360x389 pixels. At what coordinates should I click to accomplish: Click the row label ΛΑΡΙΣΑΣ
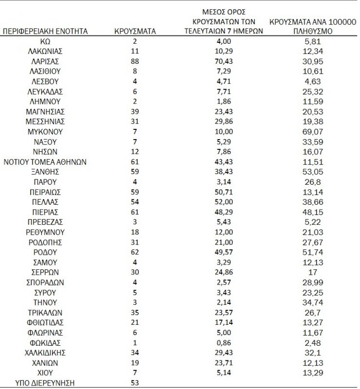coord(45,61)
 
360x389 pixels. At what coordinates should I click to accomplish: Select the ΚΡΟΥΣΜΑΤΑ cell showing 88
coord(135,61)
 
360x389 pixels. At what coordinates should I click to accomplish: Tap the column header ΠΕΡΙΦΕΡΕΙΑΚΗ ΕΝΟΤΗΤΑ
coord(45,31)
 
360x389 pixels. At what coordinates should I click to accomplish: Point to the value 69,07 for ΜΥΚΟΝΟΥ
coord(313,132)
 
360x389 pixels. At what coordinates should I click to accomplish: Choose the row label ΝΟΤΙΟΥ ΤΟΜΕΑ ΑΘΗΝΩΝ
coord(45,162)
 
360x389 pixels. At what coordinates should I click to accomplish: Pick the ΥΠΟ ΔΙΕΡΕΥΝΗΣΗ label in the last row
coord(45,383)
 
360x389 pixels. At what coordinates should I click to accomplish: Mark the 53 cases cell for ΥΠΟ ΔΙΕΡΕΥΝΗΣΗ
coord(135,383)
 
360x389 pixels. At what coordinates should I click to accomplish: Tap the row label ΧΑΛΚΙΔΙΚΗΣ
coord(45,353)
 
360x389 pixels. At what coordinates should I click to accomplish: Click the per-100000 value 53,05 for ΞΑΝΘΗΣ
coord(313,172)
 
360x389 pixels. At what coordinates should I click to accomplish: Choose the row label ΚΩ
coord(45,41)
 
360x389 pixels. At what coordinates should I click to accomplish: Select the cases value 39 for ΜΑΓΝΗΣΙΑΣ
coord(135,112)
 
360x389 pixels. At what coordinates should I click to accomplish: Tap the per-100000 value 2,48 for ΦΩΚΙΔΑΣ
coord(313,342)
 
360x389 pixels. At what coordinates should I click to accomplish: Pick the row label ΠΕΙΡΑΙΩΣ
coord(45,192)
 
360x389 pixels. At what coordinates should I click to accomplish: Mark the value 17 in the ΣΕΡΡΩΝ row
coord(313,272)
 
